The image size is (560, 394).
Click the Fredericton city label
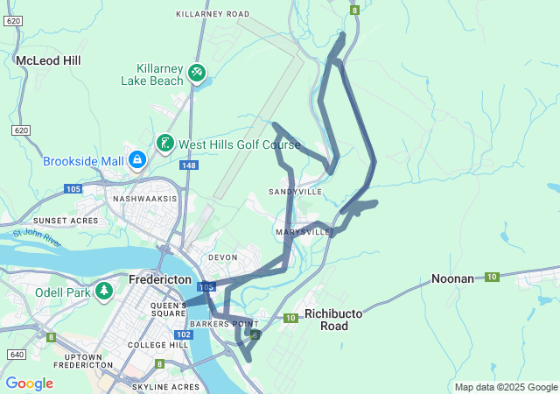click(159, 279)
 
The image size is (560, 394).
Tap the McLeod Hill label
click(48, 60)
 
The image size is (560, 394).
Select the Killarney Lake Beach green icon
click(198, 74)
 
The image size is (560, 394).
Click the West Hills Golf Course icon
click(164, 143)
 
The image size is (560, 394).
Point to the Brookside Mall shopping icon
click(136, 160)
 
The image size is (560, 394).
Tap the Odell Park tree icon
click(104, 290)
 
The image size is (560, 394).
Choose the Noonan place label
click(452, 278)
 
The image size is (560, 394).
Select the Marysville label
click(302, 232)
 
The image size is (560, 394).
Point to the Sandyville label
click(296, 191)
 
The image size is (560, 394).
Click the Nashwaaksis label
click(144, 199)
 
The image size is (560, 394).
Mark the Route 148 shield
click(188, 165)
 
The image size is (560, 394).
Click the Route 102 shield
click(184, 334)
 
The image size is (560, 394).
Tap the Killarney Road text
click(213, 14)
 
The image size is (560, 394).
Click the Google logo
click(29, 383)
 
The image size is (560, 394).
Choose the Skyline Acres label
click(165, 386)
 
